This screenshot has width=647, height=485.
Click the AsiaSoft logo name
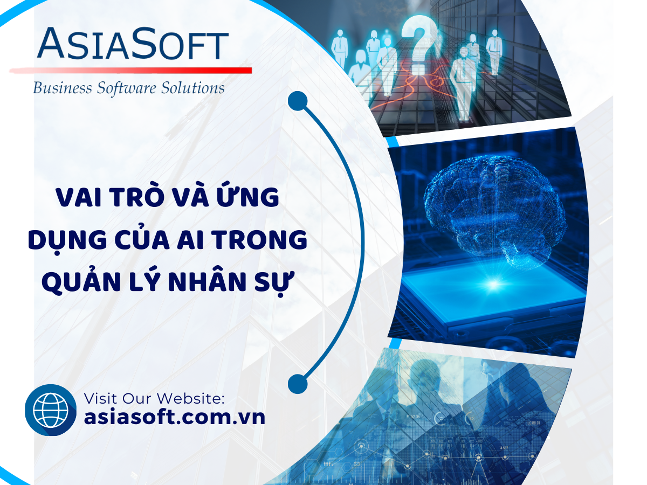pyautogui.click(x=133, y=44)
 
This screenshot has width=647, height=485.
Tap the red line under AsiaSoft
pyautogui.click(x=130, y=71)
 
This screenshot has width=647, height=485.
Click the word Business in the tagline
pyautogui.click(x=63, y=88)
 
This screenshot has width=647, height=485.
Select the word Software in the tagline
pyautogui.click(x=127, y=88)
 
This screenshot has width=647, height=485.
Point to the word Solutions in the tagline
pyautogui.click(x=193, y=88)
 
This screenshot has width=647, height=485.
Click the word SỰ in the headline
pyautogui.click(x=275, y=283)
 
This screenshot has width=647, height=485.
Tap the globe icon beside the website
pyautogui.click(x=51, y=410)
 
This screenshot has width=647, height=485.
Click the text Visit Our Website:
pyautogui.click(x=154, y=398)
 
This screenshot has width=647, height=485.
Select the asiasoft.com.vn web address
pyautogui.click(x=175, y=417)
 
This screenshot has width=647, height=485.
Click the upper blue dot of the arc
pyautogui.click(x=298, y=101)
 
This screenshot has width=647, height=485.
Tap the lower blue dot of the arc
pyautogui.click(x=298, y=384)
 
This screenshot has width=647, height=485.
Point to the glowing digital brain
pyautogui.click(x=494, y=210)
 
